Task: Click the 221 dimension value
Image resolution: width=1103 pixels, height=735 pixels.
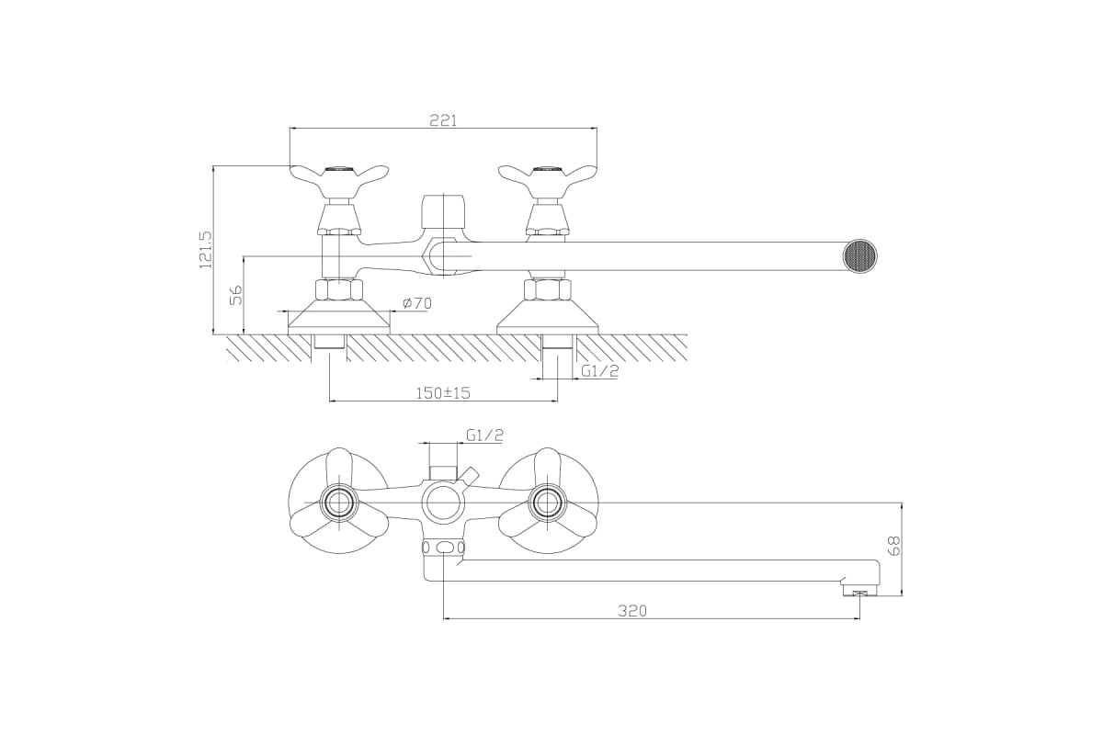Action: (443, 120)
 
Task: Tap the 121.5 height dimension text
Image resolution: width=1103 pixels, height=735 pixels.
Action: (205, 250)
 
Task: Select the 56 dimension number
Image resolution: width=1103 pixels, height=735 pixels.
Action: (237, 295)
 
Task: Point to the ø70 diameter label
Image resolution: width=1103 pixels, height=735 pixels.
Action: (416, 303)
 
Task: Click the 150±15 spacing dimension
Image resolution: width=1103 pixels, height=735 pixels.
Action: (443, 393)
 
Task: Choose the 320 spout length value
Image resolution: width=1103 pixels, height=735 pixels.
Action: (632, 611)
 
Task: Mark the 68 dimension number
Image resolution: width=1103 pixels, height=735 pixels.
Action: (893, 546)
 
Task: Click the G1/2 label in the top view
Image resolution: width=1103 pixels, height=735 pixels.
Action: (599, 370)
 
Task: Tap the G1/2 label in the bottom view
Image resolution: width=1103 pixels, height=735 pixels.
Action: (485, 435)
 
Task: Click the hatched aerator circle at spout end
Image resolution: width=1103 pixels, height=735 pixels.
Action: (859, 256)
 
